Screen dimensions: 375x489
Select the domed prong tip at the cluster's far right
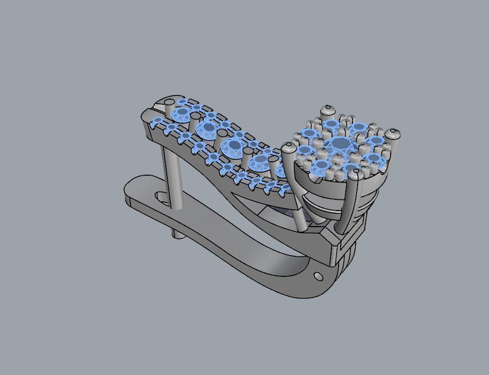coord(393,135)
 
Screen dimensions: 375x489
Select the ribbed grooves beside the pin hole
coord(347,257)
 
